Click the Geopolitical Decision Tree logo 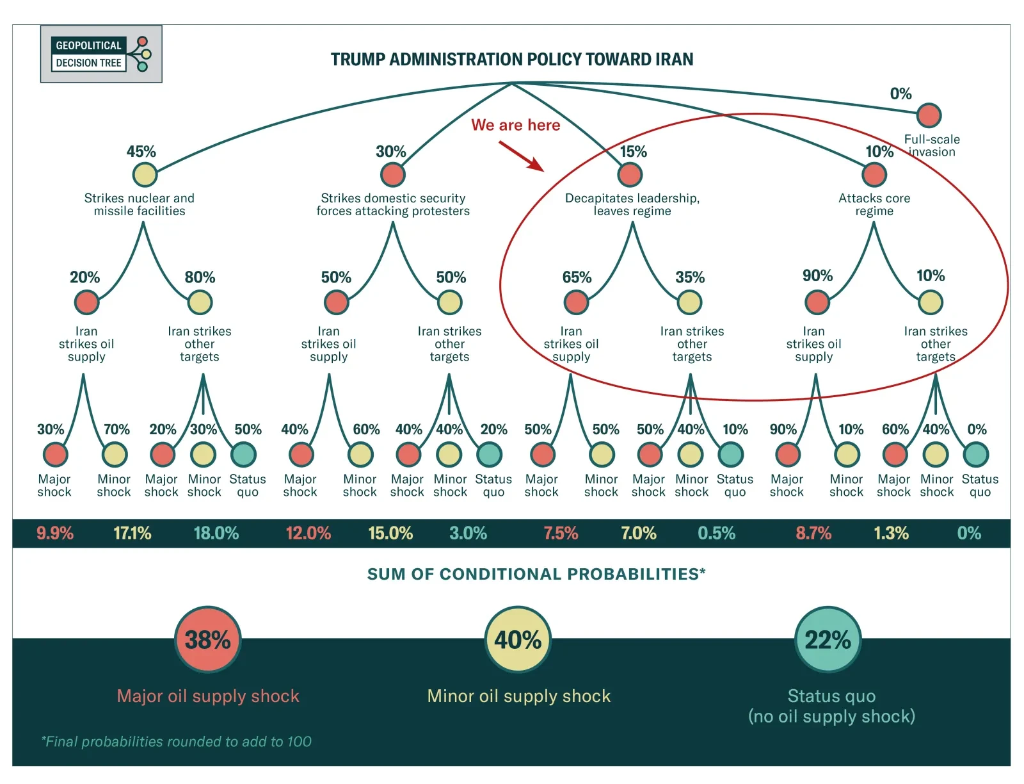click(x=101, y=54)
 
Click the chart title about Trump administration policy click(x=512, y=60)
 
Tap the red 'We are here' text click(x=515, y=125)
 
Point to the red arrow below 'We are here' click(x=522, y=156)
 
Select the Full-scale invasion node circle click(x=929, y=115)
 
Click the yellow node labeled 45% click(x=145, y=175)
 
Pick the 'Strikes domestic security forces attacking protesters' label click(x=393, y=204)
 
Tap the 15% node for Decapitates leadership click(x=629, y=175)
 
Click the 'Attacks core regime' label click(x=874, y=204)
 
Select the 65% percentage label click(x=577, y=277)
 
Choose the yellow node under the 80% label click(x=200, y=302)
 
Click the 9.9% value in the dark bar click(x=54, y=533)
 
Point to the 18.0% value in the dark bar click(x=216, y=533)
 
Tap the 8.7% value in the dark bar click(x=813, y=533)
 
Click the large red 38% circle click(x=207, y=639)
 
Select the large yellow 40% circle click(x=518, y=639)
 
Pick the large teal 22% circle click(x=828, y=639)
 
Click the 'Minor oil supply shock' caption click(x=519, y=696)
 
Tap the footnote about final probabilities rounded click(x=177, y=742)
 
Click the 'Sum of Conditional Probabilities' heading click(x=536, y=573)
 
